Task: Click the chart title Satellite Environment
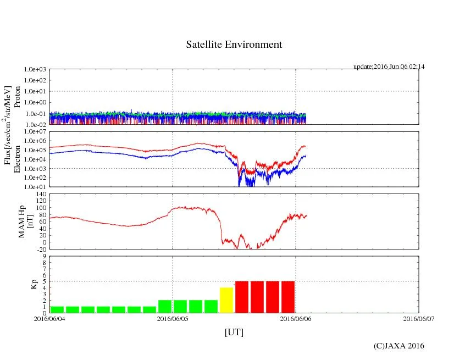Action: pos(234,45)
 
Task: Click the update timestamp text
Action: pos(389,67)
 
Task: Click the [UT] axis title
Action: pos(234,332)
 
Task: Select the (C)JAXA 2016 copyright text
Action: pos(398,346)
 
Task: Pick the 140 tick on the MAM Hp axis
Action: pos(41,194)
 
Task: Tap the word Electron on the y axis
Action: pos(17,159)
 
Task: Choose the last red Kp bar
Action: pos(288,297)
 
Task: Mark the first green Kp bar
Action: pos(57,309)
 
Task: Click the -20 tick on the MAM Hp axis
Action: pos(41,249)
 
